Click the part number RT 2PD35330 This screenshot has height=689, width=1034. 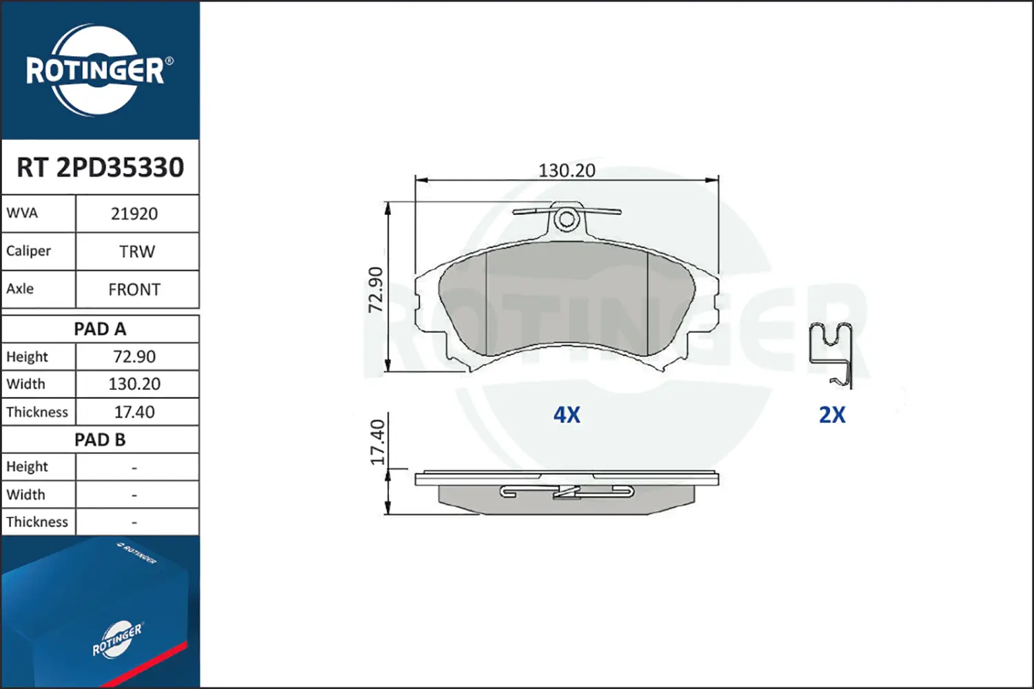tap(100, 167)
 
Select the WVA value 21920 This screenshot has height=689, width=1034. tap(134, 214)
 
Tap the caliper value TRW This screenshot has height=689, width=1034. tap(137, 251)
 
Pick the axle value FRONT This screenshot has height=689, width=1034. tap(134, 289)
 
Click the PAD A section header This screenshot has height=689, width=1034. tap(100, 329)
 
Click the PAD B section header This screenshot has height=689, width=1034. tap(100, 440)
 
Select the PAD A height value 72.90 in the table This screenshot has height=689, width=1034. tap(134, 357)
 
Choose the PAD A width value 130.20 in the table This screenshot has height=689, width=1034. tap(134, 384)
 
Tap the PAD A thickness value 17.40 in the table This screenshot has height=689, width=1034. tap(134, 411)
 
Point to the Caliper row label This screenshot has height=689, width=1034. tap(29, 251)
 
